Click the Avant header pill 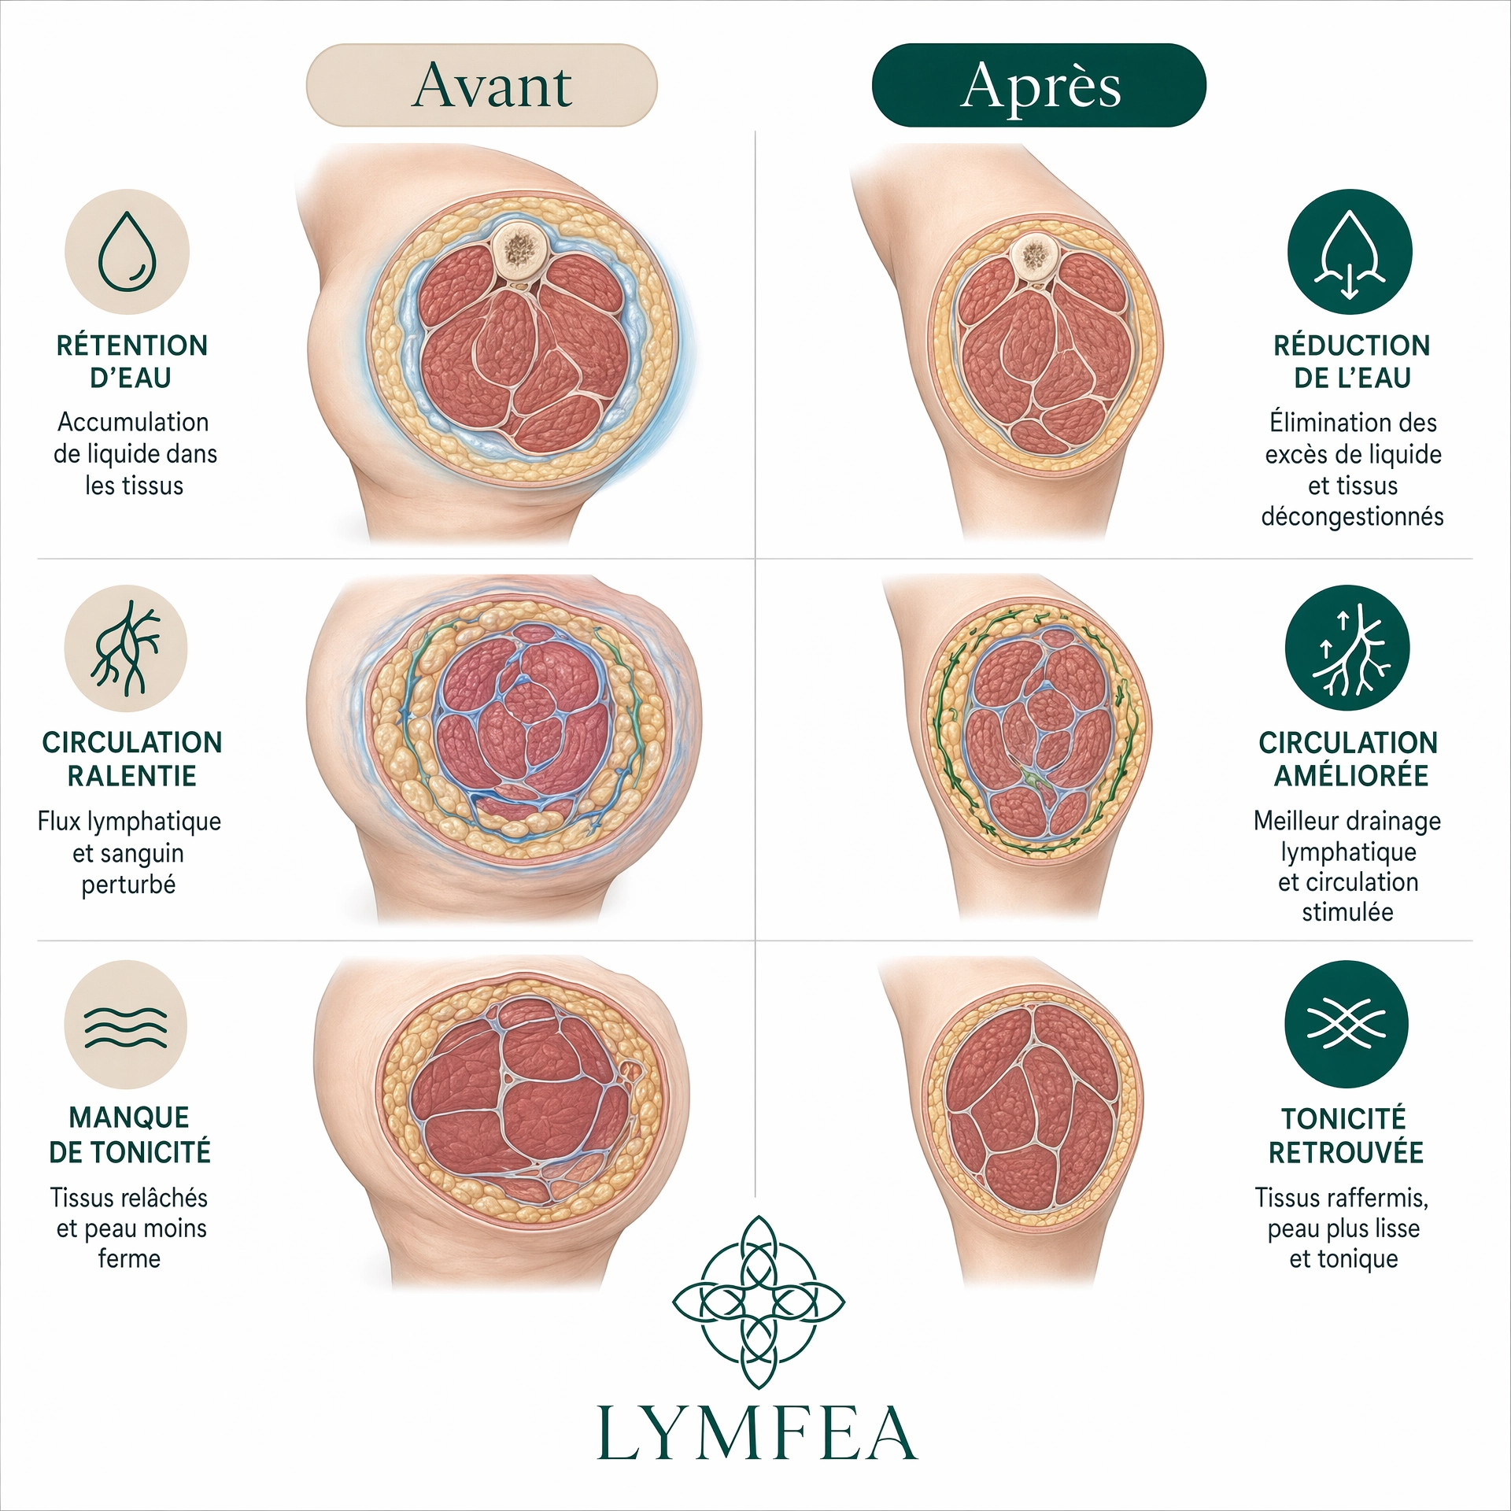[482, 85]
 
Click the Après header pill [1039, 85]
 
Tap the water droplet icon [127, 252]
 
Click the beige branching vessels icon [126, 648]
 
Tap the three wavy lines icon [126, 1025]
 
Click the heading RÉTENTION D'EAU [131, 361]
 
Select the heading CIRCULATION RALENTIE [132, 759]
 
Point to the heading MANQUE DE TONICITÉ [130, 1135]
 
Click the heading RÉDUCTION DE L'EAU [1352, 361]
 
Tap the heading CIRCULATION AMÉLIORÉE [1349, 759]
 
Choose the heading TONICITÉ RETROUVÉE [1346, 1136]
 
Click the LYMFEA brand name [757, 1434]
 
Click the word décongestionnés [1352, 517]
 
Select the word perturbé [128, 885]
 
